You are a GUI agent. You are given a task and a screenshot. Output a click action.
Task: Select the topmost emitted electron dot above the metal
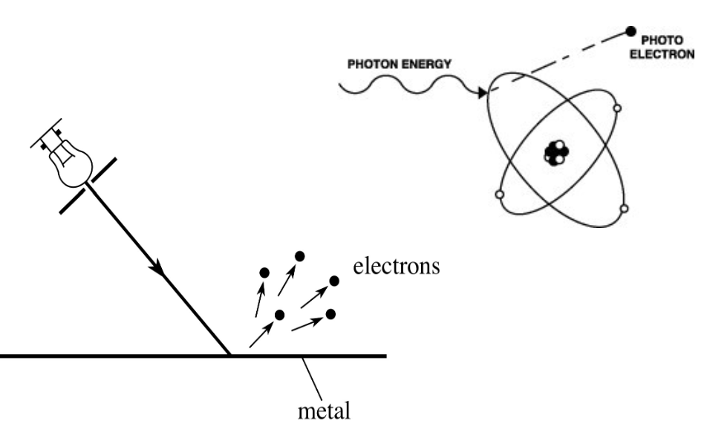pyautogui.click(x=299, y=256)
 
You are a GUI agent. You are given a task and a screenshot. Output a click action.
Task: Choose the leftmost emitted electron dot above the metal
pyautogui.click(x=264, y=273)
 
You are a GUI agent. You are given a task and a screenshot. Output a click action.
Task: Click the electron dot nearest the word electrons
pyautogui.click(x=334, y=281)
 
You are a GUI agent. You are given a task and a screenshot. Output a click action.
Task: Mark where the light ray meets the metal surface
pyautogui.click(x=230, y=356)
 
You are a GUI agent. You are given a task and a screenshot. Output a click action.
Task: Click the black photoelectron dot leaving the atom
pyautogui.click(x=631, y=31)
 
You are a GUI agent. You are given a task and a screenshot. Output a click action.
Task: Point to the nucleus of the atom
pyautogui.click(x=555, y=153)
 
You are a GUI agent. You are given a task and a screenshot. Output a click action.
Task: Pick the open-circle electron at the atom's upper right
pyautogui.click(x=616, y=108)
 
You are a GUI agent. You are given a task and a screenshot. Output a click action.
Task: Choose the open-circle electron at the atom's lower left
pyautogui.click(x=497, y=195)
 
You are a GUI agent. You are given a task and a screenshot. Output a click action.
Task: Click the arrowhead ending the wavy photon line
pyautogui.click(x=483, y=94)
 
